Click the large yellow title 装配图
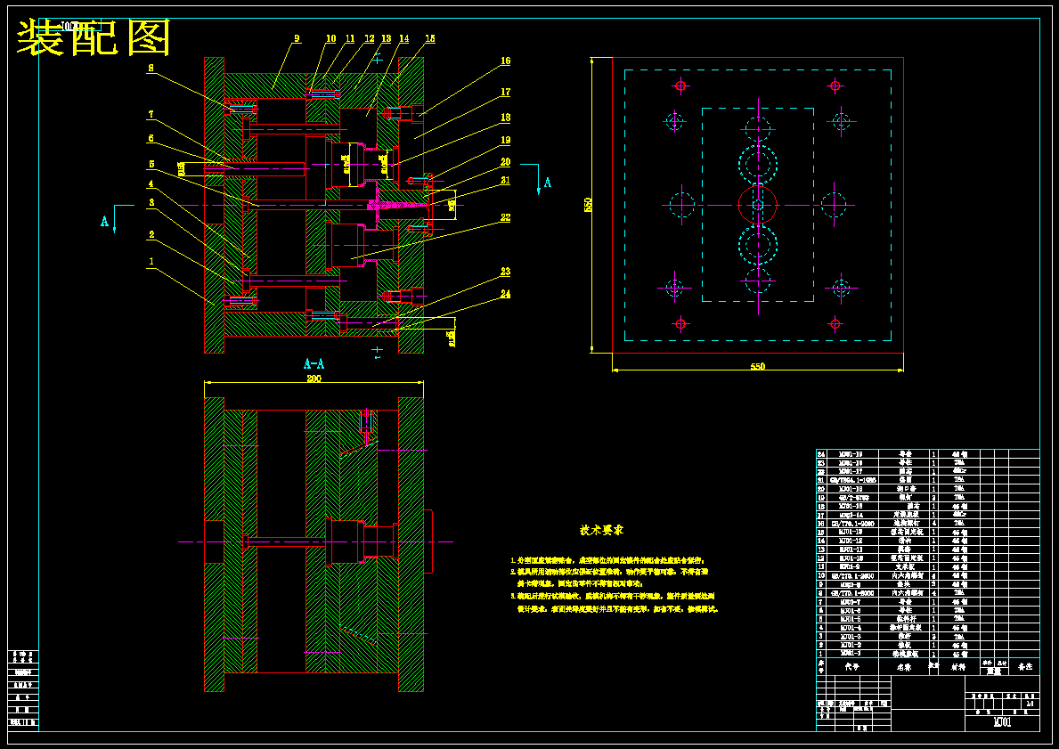click(x=94, y=38)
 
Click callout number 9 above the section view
click(x=297, y=38)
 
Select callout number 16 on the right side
click(x=505, y=61)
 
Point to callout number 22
click(x=505, y=217)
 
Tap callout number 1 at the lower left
click(x=151, y=262)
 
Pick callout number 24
click(x=505, y=293)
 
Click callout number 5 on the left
click(x=151, y=164)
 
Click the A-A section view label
click(x=314, y=363)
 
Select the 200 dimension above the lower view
click(x=314, y=379)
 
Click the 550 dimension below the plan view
click(x=757, y=366)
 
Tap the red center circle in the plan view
click(x=757, y=204)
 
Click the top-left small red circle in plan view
click(x=681, y=85)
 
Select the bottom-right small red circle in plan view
click(x=835, y=322)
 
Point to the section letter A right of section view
click(x=548, y=183)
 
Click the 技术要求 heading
click(x=602, y=530)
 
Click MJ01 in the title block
click(x=1002, y=722)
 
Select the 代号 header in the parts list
click(x=851, y=666)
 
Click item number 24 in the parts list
click(x=821, y=454)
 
